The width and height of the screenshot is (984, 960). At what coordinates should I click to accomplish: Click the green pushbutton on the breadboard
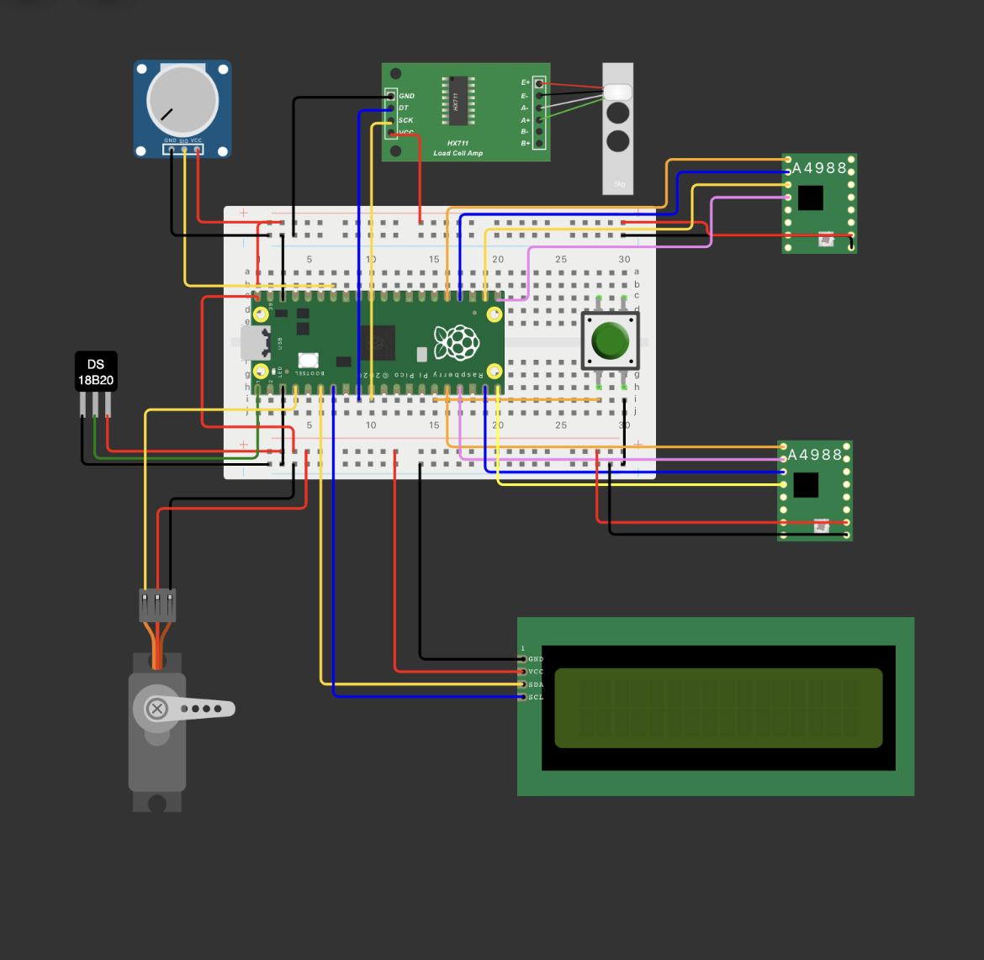click(611, 340)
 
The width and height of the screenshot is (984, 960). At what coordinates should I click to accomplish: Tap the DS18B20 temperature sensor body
click(96, 372)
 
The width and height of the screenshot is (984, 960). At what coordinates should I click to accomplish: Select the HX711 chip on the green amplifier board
click(458, 101)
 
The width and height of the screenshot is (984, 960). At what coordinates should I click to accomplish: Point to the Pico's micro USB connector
click(250, 342)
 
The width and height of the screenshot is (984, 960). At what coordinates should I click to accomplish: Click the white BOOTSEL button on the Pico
click(308, 360)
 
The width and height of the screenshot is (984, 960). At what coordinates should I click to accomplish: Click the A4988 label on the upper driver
click(819, 168)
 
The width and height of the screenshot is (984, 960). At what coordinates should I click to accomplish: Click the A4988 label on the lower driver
click(814, 455)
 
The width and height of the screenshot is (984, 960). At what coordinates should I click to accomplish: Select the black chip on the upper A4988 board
click(810, 198)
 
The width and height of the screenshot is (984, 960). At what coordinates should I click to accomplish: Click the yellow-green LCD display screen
click(718, 708)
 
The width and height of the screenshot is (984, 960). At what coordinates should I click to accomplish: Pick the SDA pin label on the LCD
click(536, 684)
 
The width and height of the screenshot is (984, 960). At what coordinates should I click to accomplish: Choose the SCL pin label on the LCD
click(536, 697)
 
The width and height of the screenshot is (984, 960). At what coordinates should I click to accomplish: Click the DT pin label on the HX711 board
click(404, 108)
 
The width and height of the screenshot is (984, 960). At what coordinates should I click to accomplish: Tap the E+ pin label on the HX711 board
click(526, 82)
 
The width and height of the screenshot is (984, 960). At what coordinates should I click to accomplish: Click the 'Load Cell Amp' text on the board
click(458, 153)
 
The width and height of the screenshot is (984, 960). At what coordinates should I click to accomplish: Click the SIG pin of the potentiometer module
click(184, 149)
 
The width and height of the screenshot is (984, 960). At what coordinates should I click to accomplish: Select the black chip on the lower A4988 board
click(806, 485)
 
